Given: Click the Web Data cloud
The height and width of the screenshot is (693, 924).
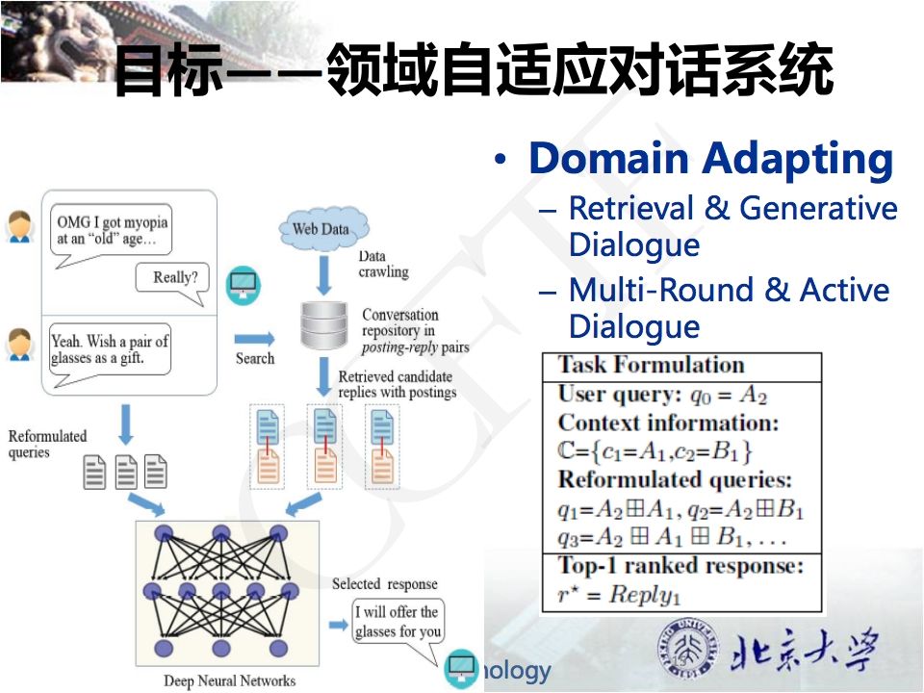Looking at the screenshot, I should pyautogui.click(x=321, y=229).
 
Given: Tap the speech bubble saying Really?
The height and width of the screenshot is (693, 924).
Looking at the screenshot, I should pyautogui.click(x=174, y=279).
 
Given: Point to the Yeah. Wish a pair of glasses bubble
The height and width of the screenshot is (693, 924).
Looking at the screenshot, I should pyautogui.click(x=110, y=350).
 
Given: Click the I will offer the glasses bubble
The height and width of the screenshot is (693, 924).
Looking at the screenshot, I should pyautogui.click(x=398, y=622).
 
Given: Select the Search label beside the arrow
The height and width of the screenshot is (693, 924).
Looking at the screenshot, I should pyautogui.click(x=254, y=358).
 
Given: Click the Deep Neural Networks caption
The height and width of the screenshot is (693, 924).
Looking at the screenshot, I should pyautogui.click(x=230, y=680).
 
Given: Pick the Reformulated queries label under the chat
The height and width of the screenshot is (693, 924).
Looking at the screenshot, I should pyautogui.click(x=47, y=444).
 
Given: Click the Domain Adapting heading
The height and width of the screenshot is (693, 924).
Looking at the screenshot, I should pyautogui.click(x=710, y=159).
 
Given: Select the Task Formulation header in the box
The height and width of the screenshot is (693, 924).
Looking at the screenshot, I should pyautogui.click(x=652, y=366).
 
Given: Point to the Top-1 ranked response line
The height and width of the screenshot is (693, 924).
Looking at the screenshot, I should pyautogui.click(x=680, y=565).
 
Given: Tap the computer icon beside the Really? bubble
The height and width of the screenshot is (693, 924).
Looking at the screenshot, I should pyautogui.click(x=243, y=283).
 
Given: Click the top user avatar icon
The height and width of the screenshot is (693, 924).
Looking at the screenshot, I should pyautogui.click(x=19, y=226).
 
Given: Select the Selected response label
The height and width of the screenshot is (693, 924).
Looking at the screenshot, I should pyautogui.click(x=384, y=584).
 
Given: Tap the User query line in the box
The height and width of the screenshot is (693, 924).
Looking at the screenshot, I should pyautogui.click(x=662, y=395).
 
